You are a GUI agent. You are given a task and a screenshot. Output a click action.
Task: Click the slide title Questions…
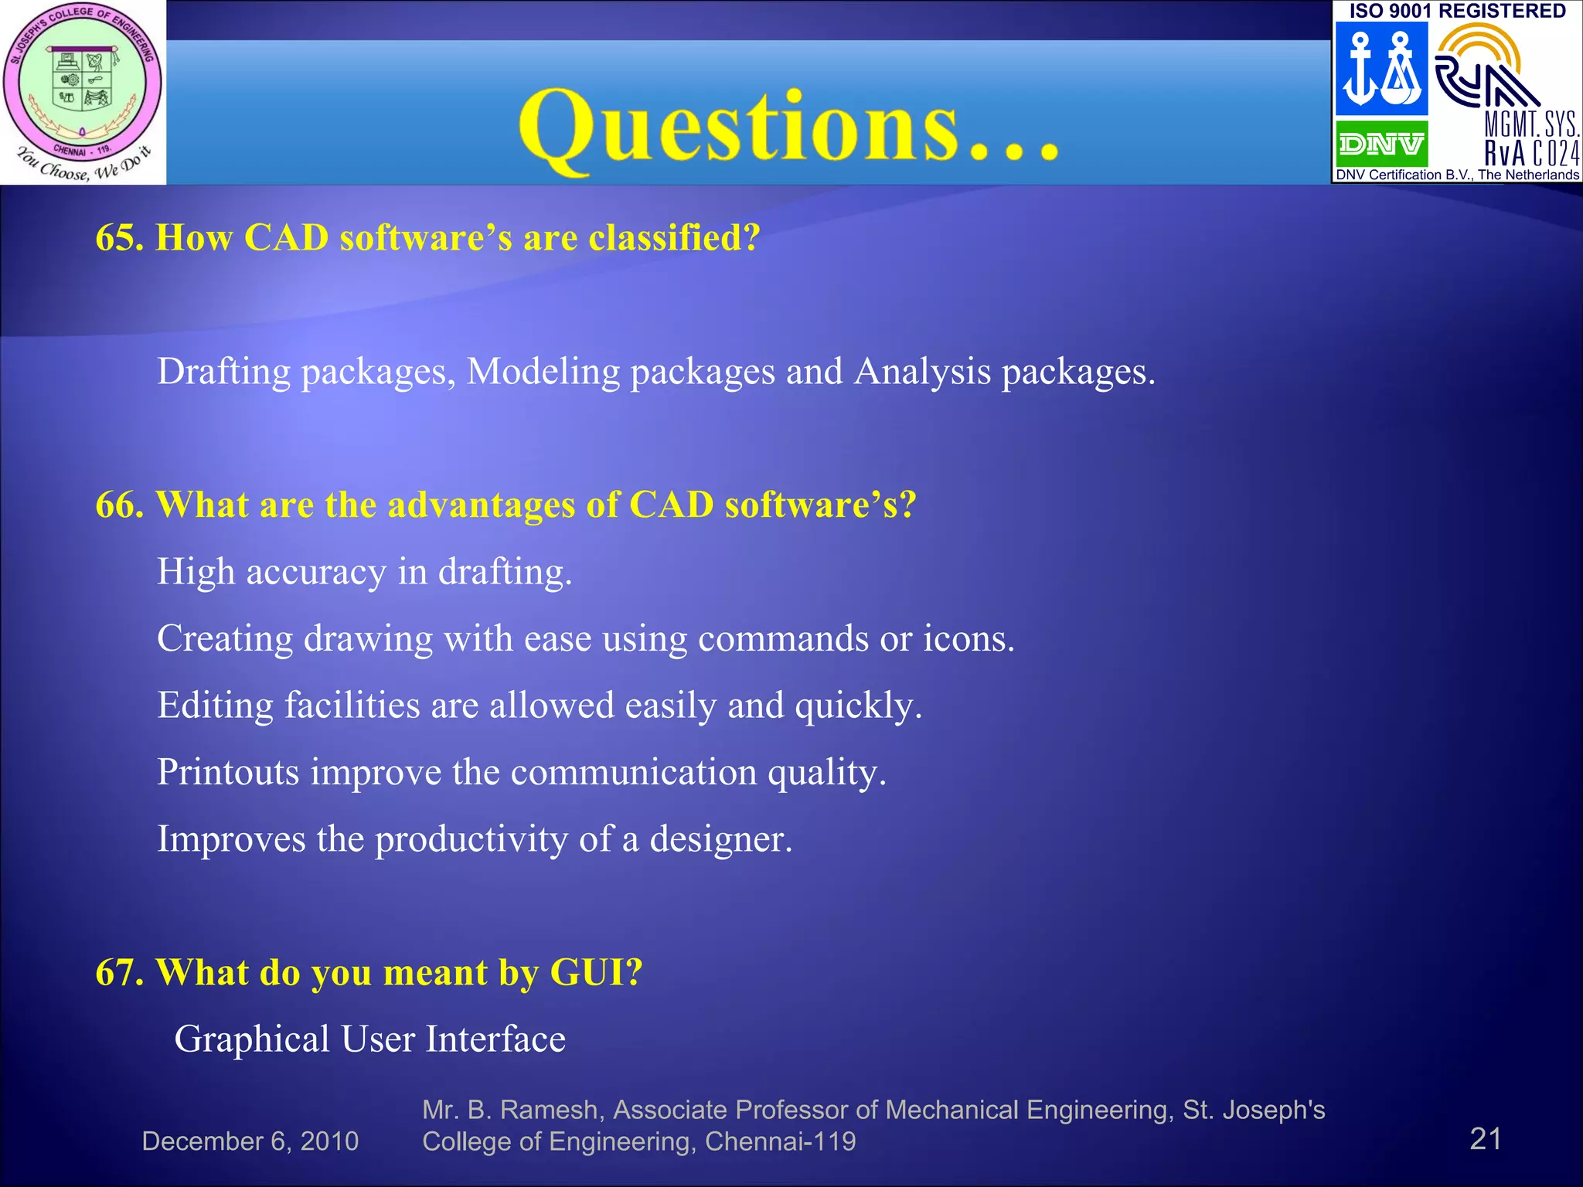788,128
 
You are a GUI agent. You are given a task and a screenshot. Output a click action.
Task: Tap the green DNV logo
1381,144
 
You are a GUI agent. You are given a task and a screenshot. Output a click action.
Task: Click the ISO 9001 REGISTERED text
1457,11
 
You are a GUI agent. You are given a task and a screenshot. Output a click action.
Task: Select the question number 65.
118,237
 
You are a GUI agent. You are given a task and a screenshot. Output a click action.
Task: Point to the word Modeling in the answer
543,372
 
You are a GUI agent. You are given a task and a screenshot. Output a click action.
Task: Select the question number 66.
118,505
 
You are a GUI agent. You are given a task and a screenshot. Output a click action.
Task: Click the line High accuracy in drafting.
364,573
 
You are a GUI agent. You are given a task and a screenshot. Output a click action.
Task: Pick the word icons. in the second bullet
969,639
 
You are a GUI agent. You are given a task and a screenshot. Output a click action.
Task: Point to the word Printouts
228,772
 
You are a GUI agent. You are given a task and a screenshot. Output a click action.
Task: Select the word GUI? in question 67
596,972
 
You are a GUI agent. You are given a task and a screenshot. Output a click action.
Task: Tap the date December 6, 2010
250,1141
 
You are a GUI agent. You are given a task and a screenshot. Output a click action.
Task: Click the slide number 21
1485,1139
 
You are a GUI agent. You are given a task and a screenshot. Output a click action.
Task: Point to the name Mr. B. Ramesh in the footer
510,1110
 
